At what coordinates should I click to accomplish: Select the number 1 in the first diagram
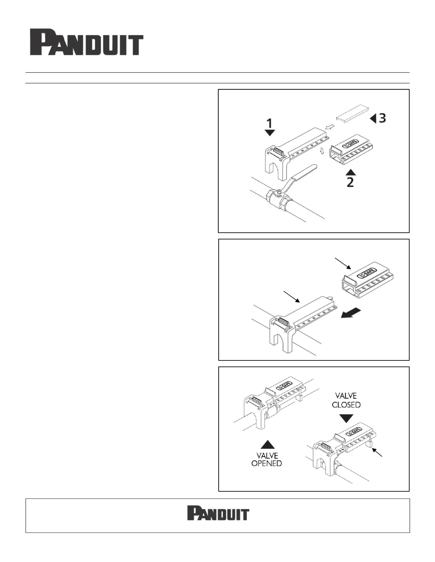(270, 123)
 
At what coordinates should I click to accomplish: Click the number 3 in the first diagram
(382, 118)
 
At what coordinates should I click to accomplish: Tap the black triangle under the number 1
(270, 133)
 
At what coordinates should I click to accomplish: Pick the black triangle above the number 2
(351, 172)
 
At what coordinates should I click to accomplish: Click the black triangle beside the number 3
(373, 118)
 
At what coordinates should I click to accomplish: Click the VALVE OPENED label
(267, 459)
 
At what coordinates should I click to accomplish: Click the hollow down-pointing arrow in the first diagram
(322, 151)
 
